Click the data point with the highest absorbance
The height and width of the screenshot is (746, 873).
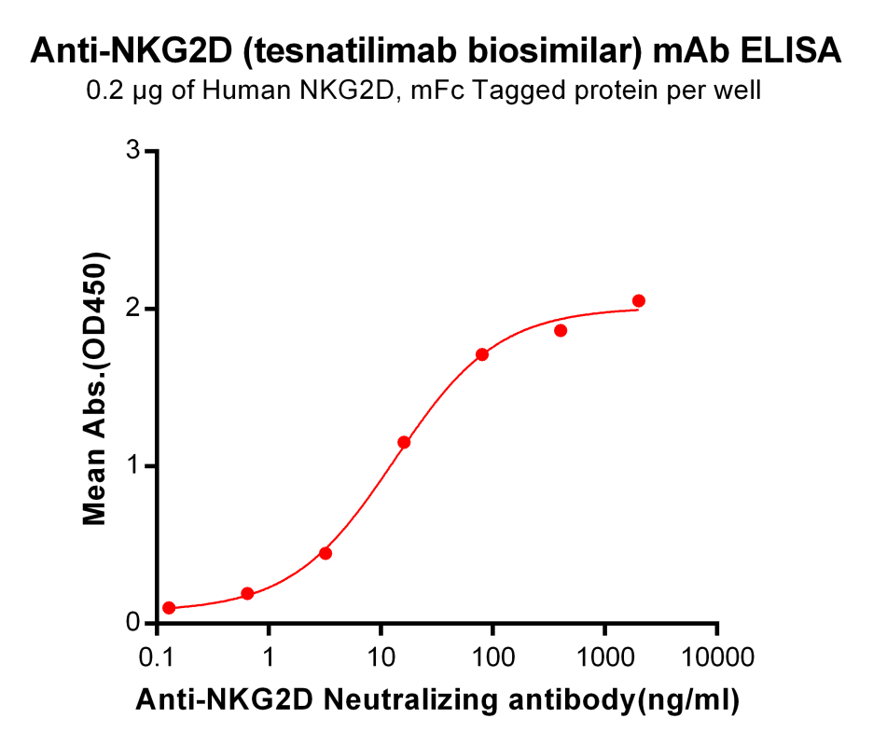639,300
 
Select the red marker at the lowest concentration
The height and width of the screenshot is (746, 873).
169,608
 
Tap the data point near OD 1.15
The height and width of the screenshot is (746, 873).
404,442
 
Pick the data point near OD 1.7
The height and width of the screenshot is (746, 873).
482,354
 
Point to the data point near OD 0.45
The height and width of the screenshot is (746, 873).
326,553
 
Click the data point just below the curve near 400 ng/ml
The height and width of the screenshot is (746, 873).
561,330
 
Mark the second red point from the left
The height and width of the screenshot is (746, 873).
247,594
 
